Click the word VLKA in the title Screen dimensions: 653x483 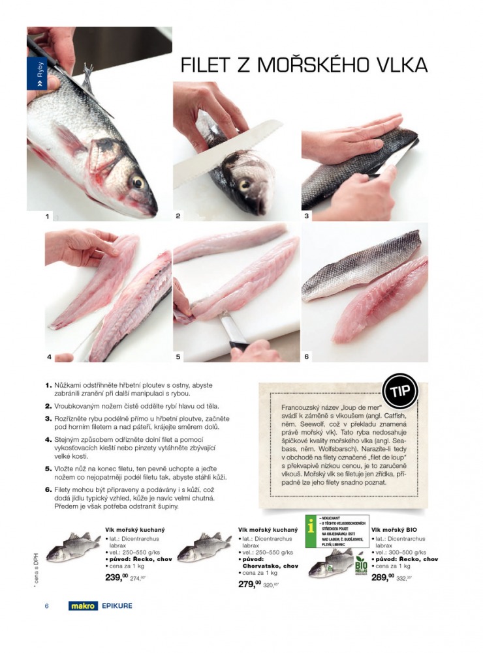pyautogui.click(x=397, y=65)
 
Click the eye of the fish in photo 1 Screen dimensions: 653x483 pyautogui.click(x=138, y=181)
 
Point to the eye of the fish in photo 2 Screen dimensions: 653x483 pyautogui.click(x=243, y=184)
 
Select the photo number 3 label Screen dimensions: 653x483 pyautogui.click(x=306, y=215)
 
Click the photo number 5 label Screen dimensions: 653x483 pyautogui.click(x=178, y=356)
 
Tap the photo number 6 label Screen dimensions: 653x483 pyautogui.click(x=306, y=356)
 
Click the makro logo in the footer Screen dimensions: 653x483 pyautogui.click(x=83, y=606)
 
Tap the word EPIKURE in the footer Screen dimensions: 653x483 pyautogui.click(x=117, y=606)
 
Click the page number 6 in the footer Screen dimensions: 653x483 pyautogui.click(x=47, y=606)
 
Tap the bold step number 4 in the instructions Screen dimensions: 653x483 pyautogui.click(x=48, y=439)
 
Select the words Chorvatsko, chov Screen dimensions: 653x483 pyautogui.click(x=268, y=566)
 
